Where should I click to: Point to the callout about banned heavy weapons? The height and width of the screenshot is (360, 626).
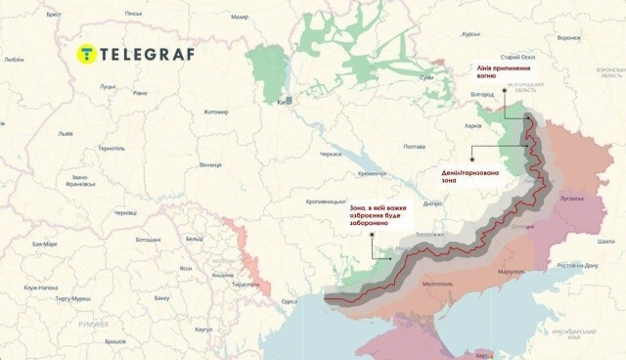pos(377,215)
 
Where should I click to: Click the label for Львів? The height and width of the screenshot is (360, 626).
pos(66,133)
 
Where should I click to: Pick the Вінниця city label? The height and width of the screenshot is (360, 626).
pos(210,165)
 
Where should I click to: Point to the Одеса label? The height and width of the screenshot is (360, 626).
pos(289,301)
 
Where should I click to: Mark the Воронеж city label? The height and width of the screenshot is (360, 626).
pos(568,38)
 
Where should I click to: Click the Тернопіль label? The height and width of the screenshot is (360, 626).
pos(112,147)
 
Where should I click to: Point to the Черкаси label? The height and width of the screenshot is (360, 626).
pos(331,155)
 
